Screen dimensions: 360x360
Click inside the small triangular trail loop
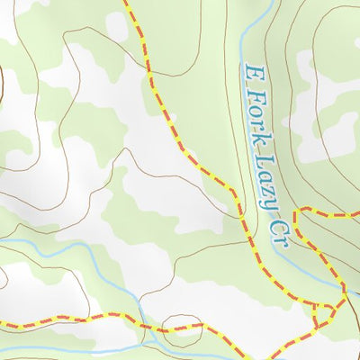(x=322, y=311)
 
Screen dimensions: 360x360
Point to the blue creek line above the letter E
(x=257, y=36)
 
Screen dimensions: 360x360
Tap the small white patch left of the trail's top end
(x=116, y=25)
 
